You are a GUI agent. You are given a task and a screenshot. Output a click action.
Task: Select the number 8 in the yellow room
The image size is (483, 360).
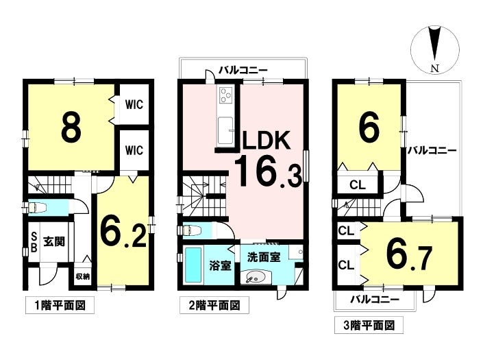click(x=71, y=127)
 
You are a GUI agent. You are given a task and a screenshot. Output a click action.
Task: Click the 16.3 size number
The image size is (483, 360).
click(x=268, y=172)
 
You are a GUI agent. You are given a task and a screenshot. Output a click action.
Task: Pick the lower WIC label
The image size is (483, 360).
click(x=134, y=149)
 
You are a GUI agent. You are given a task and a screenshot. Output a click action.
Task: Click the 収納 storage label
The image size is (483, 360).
click(x=82, y=276)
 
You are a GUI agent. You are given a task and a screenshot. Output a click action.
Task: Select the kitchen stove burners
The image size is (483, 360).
click(x=227, y=97)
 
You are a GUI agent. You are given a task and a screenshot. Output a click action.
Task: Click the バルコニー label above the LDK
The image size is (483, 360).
click(x=243, y=70)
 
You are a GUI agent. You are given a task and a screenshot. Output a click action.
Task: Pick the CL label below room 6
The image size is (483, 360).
click(x=358, y=184)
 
